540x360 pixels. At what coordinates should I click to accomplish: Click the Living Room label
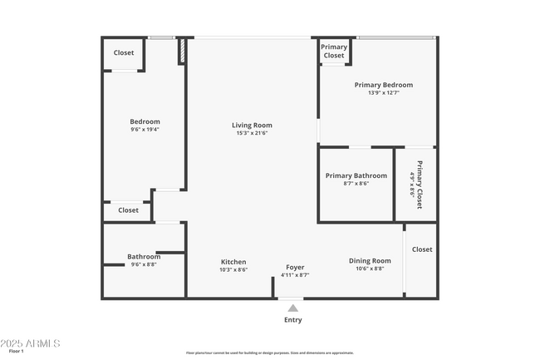[252, 126]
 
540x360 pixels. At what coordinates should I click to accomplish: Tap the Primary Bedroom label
[383, 85]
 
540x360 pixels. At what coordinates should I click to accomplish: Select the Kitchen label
[233, 262]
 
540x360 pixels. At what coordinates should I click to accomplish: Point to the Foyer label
[295, 267]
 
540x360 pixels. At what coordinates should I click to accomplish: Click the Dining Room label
[370, 261]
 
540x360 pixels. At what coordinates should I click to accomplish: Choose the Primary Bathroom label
[356, 175]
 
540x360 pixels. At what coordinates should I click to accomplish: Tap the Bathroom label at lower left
[144, 256]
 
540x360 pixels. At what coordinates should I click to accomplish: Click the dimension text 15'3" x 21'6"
[253, 134]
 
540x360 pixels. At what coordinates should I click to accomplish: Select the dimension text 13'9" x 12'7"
[383, 93]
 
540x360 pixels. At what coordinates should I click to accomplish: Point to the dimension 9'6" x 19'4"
[145, 130]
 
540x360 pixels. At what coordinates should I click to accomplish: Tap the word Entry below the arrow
[293, 320]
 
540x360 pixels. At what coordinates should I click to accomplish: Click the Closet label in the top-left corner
[124, 53]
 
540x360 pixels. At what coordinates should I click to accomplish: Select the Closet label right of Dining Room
[422, 249]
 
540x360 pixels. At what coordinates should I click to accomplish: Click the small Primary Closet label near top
[334, 52]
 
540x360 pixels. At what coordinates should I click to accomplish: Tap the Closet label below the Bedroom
[128, 210]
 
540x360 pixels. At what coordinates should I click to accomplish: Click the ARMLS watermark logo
[31, 343]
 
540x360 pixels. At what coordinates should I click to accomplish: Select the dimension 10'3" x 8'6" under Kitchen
[233, 270]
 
